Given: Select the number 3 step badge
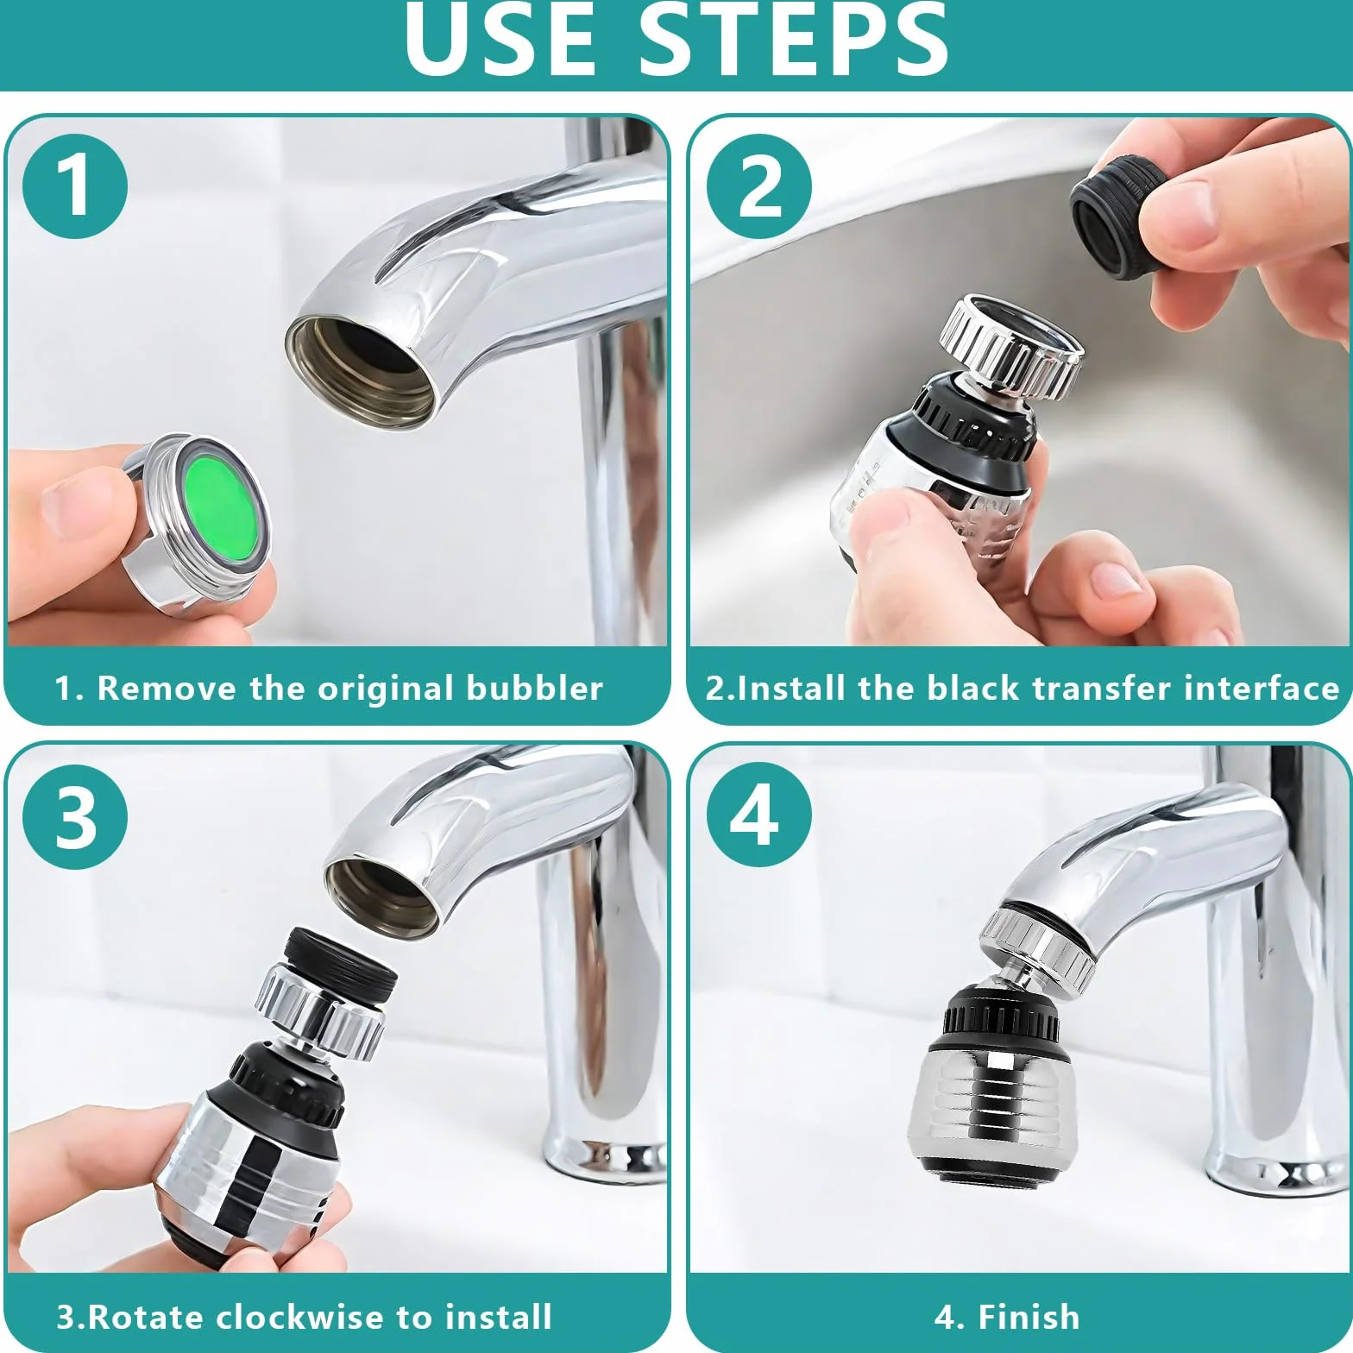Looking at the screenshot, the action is tap(75, 816).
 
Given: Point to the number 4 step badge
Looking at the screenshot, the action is tap(759, 816).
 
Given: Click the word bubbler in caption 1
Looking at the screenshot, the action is tap(534, 689).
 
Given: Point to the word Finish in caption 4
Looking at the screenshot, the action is tap(1029, 1317).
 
